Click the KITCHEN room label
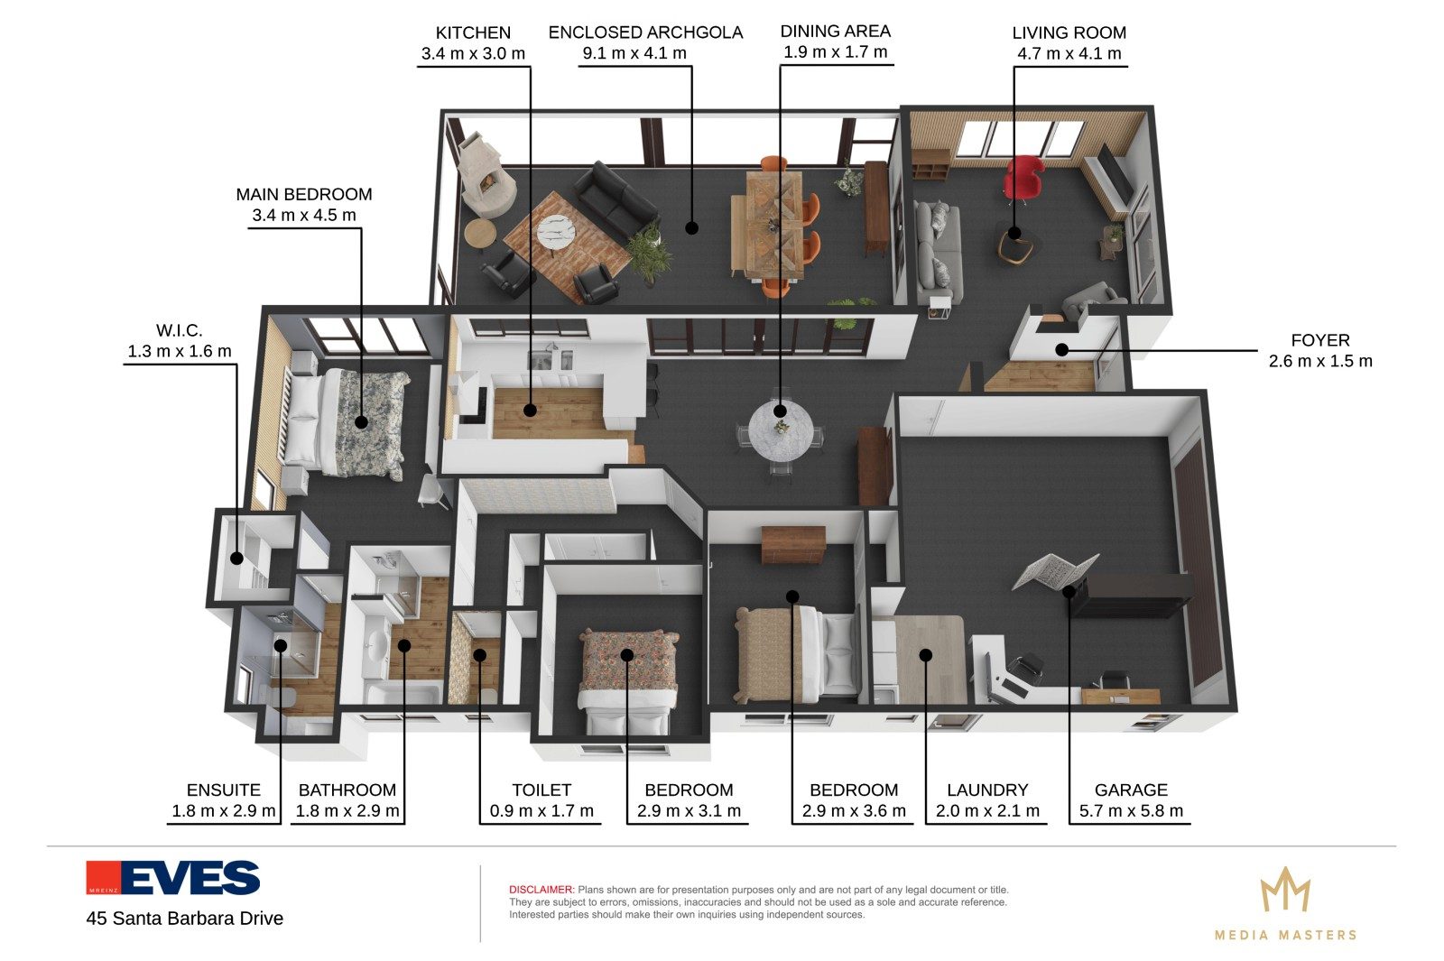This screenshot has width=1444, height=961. coord(473,32)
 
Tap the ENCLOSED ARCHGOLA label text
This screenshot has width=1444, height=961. coord(645,32)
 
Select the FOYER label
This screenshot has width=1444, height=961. coord(1320,340)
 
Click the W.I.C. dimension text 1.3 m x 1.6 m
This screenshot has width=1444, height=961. coord(180,351)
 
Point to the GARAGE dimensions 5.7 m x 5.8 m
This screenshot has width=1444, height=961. coord(1132,811)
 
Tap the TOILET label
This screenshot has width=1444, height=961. coord(541,790)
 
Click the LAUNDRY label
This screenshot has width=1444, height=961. coord(987,790)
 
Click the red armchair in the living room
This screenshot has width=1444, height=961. coord(1023,177)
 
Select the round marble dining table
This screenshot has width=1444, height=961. coord(781,430)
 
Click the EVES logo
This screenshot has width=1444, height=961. coord(172,878)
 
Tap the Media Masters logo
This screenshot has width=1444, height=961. coord(1285,903)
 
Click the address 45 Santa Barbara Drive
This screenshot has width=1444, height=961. coord(185,919)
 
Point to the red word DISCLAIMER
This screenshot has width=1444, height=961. coord(541,890)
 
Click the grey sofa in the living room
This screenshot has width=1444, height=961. coord(939,253)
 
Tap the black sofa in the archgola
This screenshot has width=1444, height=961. coord(616,199)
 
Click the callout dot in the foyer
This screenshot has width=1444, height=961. coord(1061,350)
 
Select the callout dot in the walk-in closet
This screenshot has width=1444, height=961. coord(237,559)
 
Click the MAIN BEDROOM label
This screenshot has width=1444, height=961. coord(303,194)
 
